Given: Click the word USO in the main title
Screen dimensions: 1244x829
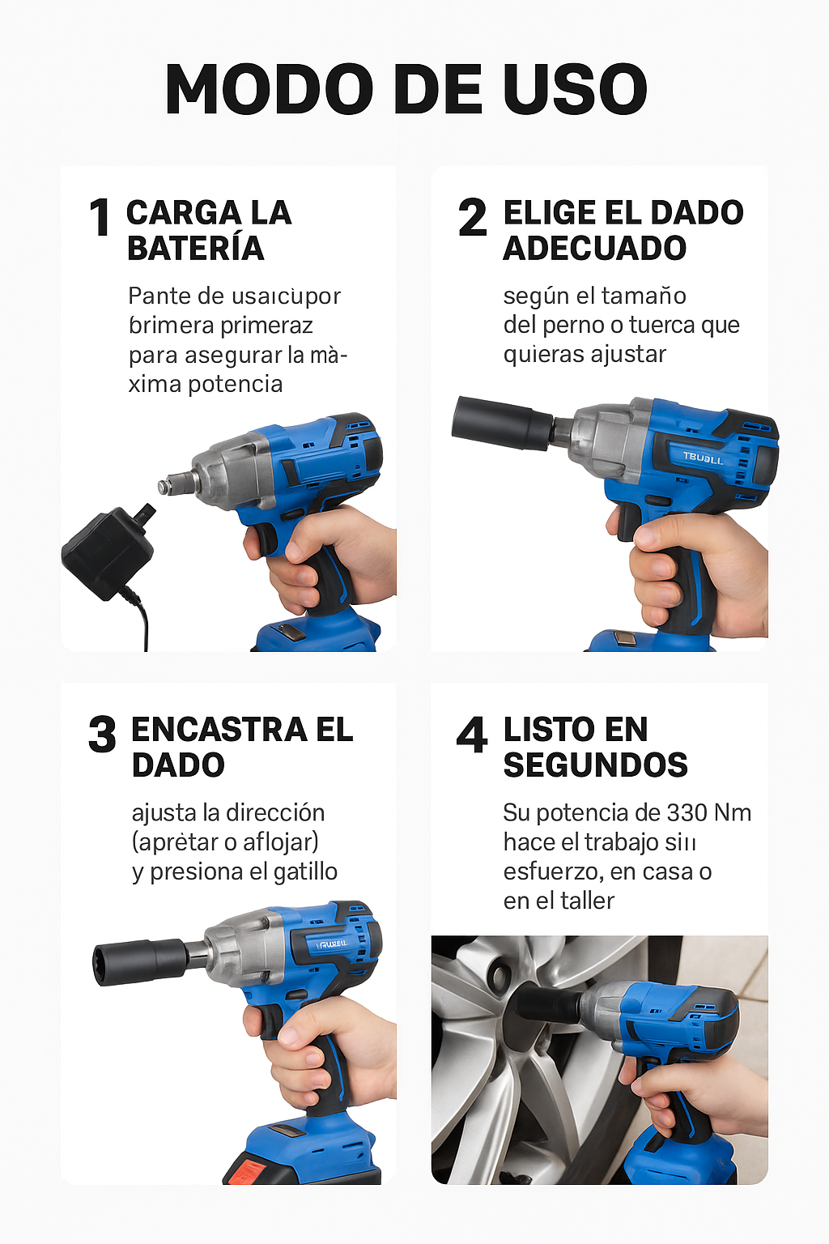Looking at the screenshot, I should point(575,89).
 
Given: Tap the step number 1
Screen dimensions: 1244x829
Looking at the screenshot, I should point(100,219).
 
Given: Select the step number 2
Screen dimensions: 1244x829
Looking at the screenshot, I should point(473,219).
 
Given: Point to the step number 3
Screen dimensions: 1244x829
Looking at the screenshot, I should point(103,735).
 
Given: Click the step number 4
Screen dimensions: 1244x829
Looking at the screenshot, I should point(472,735).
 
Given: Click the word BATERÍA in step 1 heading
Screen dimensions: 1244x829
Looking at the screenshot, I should point(195,249).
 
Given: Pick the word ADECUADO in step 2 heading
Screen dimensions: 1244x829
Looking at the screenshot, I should point(595,249).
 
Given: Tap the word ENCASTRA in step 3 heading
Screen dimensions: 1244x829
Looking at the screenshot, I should point(219,730).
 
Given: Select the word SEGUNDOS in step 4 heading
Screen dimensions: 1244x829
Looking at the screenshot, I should point(595,765).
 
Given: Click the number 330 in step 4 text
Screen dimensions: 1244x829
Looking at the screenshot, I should point(686,812).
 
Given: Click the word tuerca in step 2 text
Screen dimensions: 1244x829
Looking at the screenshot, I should point(663,326).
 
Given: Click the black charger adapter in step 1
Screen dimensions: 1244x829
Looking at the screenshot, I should point(107,553).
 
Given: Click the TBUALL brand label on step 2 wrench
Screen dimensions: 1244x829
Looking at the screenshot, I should point(702,458).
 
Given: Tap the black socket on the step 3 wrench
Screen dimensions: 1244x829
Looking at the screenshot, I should point(139,961).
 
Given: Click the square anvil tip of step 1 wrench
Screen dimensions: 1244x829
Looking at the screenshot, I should point(166,485).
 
